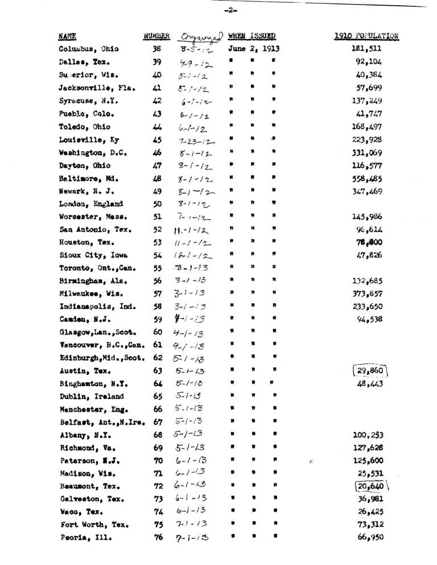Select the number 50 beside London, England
(x=158, y=203)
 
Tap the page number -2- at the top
(x=230, y=10)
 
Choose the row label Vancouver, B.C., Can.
(x=100, y=345)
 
